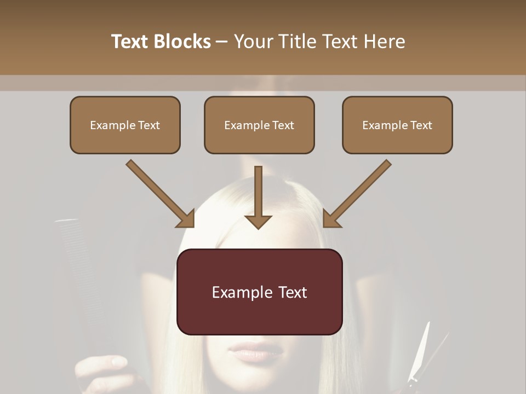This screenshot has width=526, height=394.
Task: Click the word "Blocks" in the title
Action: pyautogui.click(x=182, y=42)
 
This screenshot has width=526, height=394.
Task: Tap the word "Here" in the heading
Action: pyautogui.click(x=384, y=42)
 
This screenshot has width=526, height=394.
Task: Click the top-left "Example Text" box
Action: pyautogui.click(x=125, y=125)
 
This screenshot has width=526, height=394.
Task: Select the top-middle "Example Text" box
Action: pyautogui.click(x=259, y=125)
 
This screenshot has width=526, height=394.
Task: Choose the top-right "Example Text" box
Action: pyautogui.click(x=397, y=125)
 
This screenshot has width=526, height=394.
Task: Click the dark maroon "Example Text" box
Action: pyautogui.click(x=259, y=292)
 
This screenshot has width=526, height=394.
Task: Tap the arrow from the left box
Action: pyautogui.click(x=159, y=193)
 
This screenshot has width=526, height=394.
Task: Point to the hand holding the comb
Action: pyautogui.click(x=101, y=372)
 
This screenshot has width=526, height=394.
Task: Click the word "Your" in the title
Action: pyautogui.click(x=254, y=42)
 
